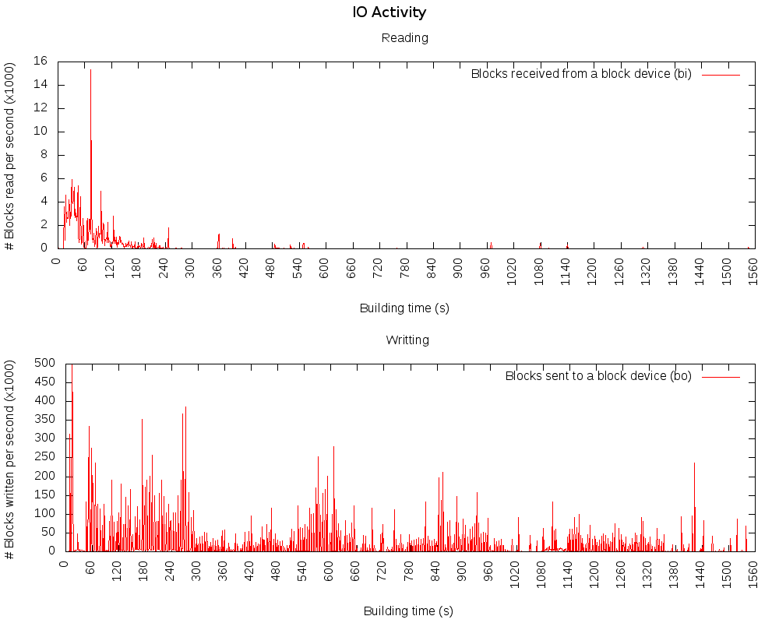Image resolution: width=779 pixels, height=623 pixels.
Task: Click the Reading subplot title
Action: pyautogui.click(x=404, y=37)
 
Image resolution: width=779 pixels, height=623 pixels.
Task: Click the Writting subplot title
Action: pyautogui.click(x=407, y=340)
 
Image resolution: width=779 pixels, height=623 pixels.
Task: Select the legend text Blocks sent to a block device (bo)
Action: pyautogui.click(x=598, y=375)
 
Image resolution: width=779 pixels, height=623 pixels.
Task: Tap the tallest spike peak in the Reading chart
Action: pyautogui.click(x=90, y=70)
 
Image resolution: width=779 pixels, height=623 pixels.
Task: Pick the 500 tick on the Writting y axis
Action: pyautogui.click(x=44, y=363)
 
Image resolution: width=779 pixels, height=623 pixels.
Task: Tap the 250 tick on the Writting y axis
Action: pyautogui.click(x=44, y=457)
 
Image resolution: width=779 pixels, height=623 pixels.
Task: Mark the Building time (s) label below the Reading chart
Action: pyautogui.click(x=404, y=308)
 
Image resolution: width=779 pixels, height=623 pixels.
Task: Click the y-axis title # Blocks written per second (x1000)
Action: pyautogui.click(x=10, y=458)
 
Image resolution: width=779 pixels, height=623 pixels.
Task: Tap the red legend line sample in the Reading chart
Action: pyautogui.click(x=721, y=74)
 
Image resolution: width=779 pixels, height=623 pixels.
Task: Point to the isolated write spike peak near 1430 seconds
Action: pyautogui.click(x=694, y=463)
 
